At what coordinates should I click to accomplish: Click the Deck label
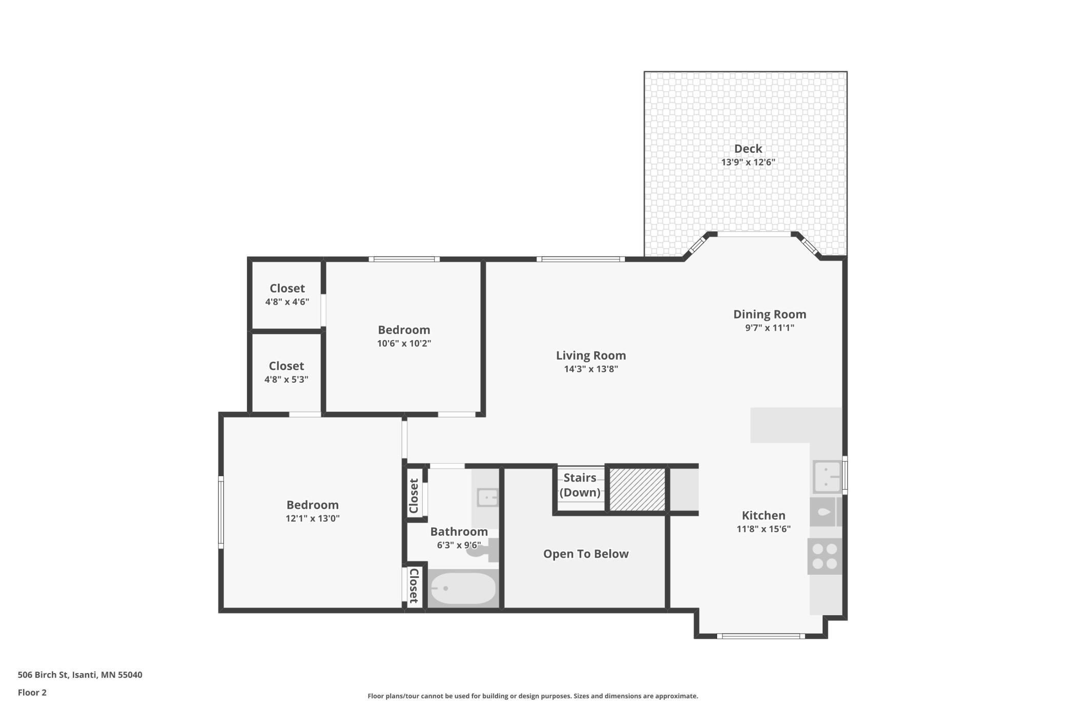(748, 149)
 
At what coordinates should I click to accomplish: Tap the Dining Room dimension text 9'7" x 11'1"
(769, 328)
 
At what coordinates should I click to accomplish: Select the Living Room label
(591, 356)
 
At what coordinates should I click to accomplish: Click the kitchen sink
(827, 476)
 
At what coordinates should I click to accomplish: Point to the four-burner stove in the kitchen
(825, 556)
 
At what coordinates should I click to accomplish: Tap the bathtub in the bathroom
(463, 588)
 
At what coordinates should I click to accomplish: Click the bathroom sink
(487, 497)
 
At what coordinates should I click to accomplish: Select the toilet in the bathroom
(484, 550)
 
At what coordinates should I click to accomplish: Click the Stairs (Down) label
(580, 485)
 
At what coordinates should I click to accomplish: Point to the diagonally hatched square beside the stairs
(637, 489)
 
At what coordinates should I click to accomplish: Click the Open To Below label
(586, 554)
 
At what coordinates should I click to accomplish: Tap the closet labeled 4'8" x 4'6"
(287, 295)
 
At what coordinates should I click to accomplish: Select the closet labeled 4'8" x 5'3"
(286, 372)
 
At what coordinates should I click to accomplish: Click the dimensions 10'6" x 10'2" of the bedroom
(404, 344)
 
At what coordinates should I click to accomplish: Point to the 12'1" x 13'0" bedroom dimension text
(313, 518)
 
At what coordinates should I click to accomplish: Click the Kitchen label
(764, 515)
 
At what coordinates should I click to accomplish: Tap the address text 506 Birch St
(43, 675)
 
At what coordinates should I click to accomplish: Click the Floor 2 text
(32, 693)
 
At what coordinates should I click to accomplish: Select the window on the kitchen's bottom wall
(761, 636)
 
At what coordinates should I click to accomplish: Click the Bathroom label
(459, 532)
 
